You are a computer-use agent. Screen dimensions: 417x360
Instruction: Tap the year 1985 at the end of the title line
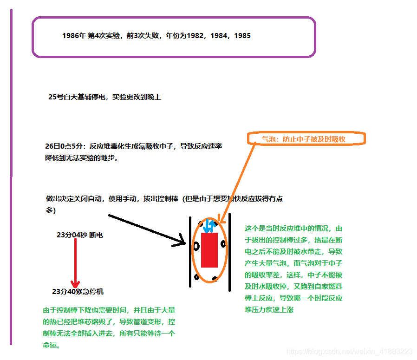(242, 36)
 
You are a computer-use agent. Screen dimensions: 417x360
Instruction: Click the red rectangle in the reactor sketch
(209, 250)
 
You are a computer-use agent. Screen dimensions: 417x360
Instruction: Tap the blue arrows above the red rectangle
(209, 226)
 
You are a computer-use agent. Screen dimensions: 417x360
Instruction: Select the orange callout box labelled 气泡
(306, 138)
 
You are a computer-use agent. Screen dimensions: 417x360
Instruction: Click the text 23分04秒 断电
(80, 235)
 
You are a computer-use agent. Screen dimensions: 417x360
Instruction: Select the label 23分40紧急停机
(78, 292)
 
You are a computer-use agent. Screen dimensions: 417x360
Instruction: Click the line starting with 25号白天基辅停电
(104, 97)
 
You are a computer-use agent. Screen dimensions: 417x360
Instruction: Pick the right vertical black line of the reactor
(229, 253)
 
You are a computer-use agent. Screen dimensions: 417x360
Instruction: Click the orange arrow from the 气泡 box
(237, 181)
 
